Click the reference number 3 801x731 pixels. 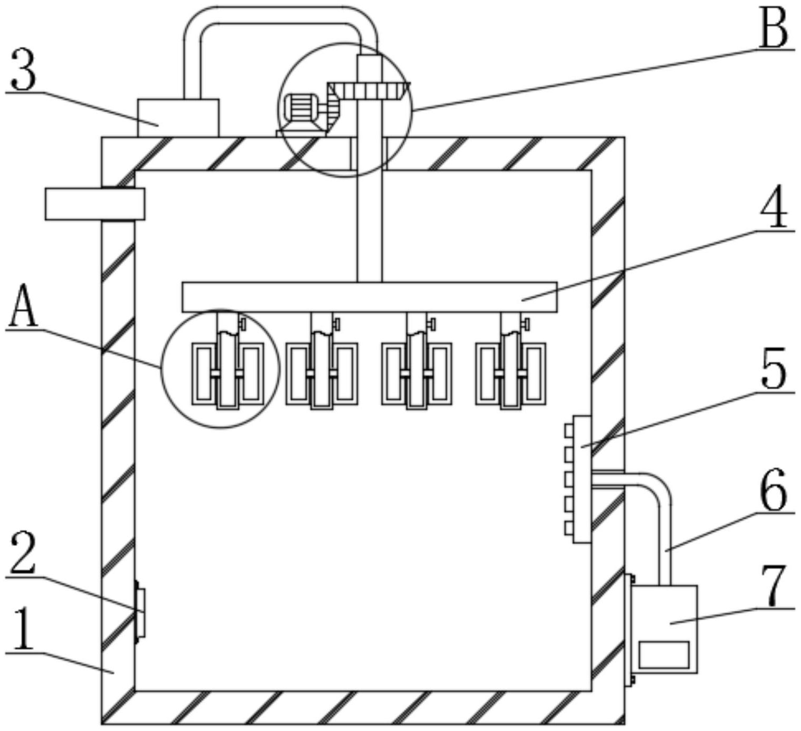click(24, 70)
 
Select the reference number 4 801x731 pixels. click(774, 210)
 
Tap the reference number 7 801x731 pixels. click(774, 586)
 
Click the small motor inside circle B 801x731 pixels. click(299, 110)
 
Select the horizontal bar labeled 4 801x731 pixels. click(369, 297)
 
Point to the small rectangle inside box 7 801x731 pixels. click(664, 655)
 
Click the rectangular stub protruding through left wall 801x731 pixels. click(94, 204)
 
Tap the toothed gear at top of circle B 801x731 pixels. click(369, 90)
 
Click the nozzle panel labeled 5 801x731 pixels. click(582, 479)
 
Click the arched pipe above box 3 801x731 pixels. click(279, 16)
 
